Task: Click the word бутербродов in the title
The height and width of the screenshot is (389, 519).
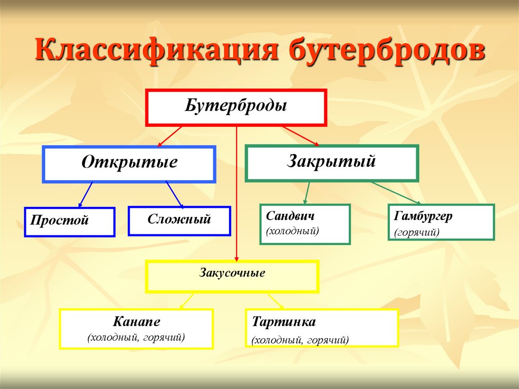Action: point(387,50)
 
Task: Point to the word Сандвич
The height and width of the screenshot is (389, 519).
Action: point(290,216)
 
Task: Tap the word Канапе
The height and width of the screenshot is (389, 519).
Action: point(136,322)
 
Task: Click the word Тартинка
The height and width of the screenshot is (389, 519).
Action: point(284,322)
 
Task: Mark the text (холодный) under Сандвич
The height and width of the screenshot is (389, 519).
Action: point(292,231)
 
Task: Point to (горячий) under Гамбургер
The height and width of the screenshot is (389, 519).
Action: point(417,232)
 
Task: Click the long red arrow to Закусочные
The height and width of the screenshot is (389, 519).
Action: point(236,194)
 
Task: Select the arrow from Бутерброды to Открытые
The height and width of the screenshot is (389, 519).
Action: point(169,136)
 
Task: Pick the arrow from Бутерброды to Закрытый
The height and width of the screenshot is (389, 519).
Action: point(301,136)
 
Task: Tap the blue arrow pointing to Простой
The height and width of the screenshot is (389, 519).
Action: point(85,195)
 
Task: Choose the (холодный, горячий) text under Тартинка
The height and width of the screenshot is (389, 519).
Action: point(300,340)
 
